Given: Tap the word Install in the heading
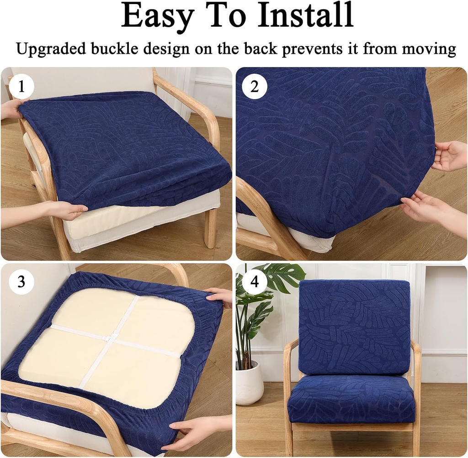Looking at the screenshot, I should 305,16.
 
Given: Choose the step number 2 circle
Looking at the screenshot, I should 254,87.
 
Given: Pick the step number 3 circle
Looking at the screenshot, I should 21,281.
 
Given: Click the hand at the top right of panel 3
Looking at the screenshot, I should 220,296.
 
